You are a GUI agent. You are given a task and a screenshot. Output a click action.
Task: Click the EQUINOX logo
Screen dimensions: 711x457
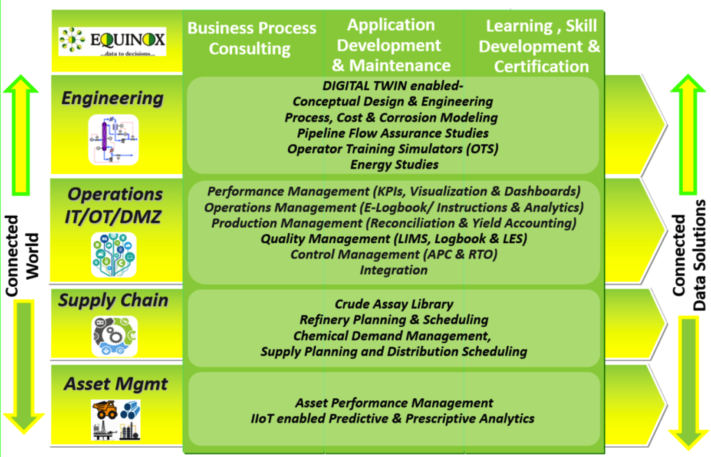coord(112,41)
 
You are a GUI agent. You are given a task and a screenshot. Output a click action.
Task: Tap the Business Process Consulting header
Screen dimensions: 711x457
coord(251,38)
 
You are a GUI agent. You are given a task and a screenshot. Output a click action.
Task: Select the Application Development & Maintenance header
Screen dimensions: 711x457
coord(391,45)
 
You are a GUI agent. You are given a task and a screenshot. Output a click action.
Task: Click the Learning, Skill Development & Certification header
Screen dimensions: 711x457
coord(539,46)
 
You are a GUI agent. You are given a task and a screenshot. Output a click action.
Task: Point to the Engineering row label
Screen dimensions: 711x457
coord(112,98)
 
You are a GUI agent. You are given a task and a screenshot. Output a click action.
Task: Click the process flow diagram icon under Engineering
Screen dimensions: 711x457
coord(113,139)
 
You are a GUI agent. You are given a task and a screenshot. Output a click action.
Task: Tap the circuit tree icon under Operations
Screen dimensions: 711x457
coord(113,254)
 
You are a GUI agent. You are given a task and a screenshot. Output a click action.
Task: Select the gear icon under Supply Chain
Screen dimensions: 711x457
coord(115,336)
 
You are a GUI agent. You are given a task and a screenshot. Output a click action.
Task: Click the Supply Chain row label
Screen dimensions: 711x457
coord(113,300)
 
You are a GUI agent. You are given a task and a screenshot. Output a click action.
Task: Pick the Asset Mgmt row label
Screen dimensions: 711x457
coord(116,384)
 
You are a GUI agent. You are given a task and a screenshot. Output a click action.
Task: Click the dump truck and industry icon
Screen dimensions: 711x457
coord(116,419)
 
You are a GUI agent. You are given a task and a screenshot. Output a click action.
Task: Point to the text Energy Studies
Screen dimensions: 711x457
coord(394,164)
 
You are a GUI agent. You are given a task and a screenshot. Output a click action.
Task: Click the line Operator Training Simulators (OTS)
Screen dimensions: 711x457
coord(393,149)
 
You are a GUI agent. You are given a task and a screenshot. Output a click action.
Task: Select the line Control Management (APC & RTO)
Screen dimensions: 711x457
coord(394,254)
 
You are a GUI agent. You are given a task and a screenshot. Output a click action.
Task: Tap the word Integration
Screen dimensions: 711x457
coord(394,270)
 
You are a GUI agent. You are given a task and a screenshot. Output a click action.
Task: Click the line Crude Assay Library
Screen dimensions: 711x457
coord(394,304)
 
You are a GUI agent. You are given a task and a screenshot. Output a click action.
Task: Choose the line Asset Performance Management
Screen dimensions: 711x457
coord(394,403)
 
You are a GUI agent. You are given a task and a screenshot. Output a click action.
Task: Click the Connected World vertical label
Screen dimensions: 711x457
coord(22,256)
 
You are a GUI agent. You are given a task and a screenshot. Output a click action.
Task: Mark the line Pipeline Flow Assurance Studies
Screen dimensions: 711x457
coord(393,133)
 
